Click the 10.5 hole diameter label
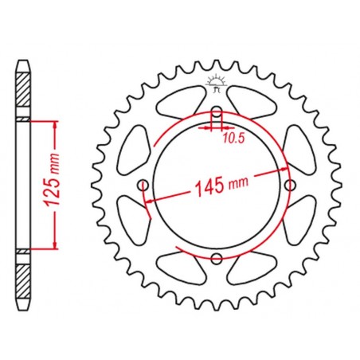coord(233,139)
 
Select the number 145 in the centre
coord(209,187)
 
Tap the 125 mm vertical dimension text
coord(51,179)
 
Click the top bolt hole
coord(217,112)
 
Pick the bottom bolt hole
coord(217,259)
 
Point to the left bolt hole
coord(143,186)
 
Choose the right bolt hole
coord(290,185)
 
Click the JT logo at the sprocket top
coord(217,83)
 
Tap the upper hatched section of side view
coord(23,89)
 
